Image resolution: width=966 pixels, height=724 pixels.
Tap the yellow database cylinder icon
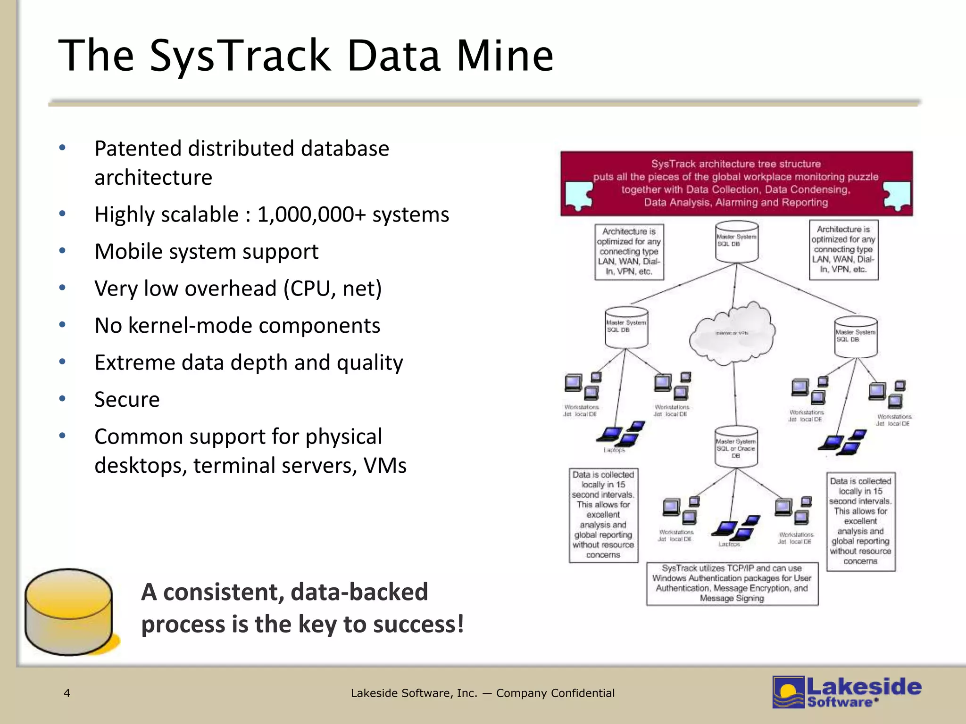[69, 611]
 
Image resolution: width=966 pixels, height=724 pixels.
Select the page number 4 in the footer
[67, 693]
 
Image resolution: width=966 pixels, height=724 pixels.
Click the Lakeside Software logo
[847, 692]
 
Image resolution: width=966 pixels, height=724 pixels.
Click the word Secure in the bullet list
[127, 400]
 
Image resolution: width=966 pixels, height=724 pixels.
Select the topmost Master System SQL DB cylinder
[737, 241]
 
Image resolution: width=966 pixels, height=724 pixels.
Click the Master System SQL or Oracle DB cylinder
[736, 447]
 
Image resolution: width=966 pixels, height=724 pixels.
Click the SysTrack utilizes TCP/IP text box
[732, 584]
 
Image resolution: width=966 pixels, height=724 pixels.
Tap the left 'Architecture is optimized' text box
[629, 252]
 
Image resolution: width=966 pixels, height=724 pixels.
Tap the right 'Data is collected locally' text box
[861, 521]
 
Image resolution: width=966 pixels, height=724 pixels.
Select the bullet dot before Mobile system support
[62, 251]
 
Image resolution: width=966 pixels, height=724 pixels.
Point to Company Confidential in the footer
[555, 693]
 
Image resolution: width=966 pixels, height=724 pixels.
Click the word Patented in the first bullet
[138, 149]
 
